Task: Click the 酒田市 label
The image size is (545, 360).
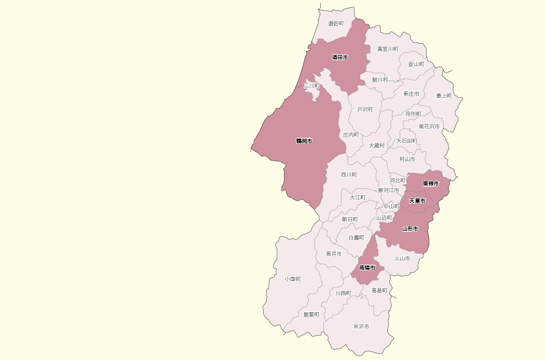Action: [340, 57]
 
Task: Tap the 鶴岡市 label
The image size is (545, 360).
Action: [304, 141]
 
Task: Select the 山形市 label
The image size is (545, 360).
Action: [410, 229]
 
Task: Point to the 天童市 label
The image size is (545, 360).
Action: [417, 201]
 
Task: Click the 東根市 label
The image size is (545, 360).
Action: [430, 183]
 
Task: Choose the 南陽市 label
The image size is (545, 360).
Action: [367, 268]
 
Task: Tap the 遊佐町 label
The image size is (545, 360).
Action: [336, 23]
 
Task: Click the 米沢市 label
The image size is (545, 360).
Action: [361, 326]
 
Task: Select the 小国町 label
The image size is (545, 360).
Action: [292, 279]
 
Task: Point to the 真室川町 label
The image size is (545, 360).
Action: [388, 49]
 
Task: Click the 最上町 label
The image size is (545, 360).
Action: [444, 96]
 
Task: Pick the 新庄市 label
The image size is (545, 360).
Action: [411, 94]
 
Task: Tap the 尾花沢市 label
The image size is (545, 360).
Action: [429, 126]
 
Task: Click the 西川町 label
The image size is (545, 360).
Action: [349, 175]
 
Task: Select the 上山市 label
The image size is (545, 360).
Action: [402, 258]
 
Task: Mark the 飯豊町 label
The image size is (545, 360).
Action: [311, 314]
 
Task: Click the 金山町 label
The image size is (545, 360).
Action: [416, 64]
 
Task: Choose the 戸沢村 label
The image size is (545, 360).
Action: [365, 109]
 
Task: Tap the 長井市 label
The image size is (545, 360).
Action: [334, 254]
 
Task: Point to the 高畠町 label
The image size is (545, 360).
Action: [379, 290]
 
